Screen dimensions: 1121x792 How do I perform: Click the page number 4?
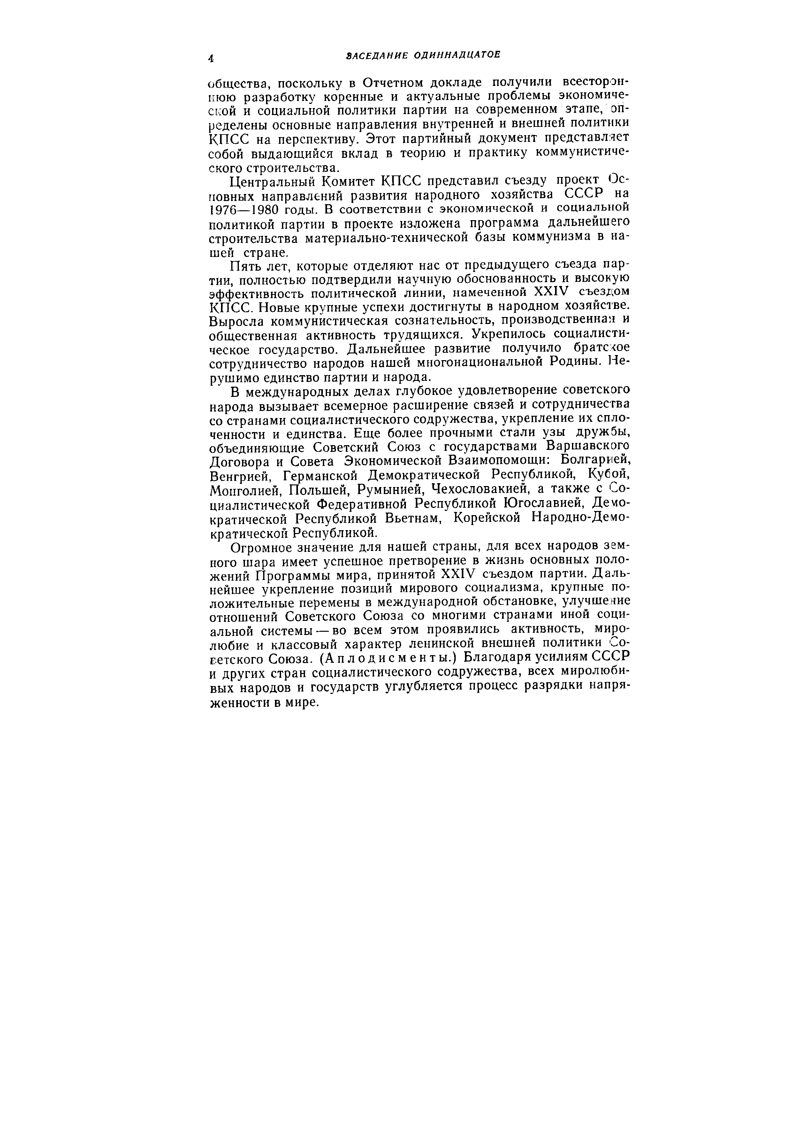[211, 58]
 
